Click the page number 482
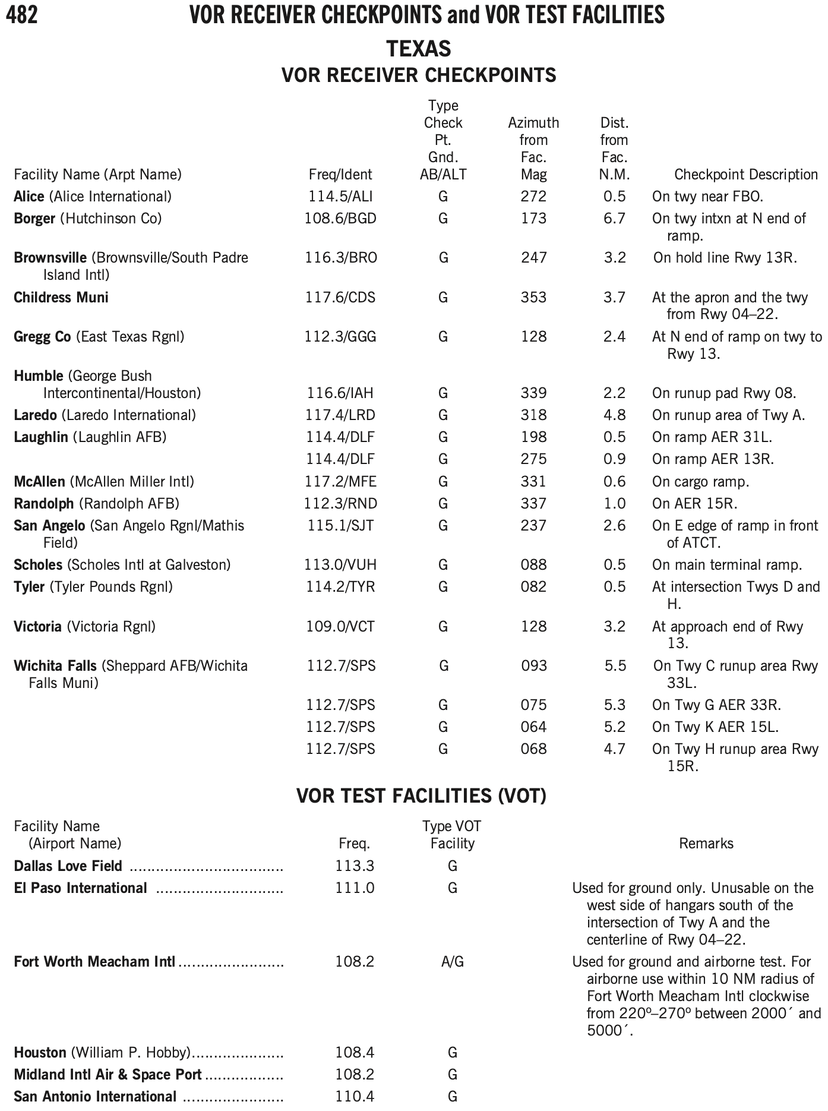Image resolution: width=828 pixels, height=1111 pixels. coord(21,15)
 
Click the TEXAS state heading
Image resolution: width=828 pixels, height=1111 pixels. coord(419,48)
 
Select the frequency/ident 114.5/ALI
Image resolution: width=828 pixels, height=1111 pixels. coord(340,197)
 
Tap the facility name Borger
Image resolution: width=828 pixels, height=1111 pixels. coord(34,219)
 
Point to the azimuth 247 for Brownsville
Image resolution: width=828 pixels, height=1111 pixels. coord(533,258)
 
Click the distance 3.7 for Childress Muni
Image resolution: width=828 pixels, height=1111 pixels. coord(614,298)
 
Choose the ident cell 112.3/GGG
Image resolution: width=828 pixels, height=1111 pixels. coord(340,337)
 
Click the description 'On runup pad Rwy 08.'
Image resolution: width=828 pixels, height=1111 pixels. coord(723,393)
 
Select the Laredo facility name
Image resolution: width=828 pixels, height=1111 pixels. coord(36,415)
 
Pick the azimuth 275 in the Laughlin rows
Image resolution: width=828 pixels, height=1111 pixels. coord(533,459)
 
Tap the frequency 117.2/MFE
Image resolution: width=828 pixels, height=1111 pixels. coord(340,481)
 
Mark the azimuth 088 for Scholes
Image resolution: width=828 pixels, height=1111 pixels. coord(533,565)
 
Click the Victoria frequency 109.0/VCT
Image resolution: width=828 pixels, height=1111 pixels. coord(340,627)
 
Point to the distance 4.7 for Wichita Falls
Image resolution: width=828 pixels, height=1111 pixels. coord(614,749)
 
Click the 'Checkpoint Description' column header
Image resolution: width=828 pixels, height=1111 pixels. coord(746,175)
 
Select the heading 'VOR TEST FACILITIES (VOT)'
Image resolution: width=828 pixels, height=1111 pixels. coord(421,796)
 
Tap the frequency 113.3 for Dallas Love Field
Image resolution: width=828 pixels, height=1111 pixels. coord(355,866)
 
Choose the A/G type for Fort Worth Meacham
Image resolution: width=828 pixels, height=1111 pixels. coord(452,962)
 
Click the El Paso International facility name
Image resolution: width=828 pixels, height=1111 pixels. coord(80,888)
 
